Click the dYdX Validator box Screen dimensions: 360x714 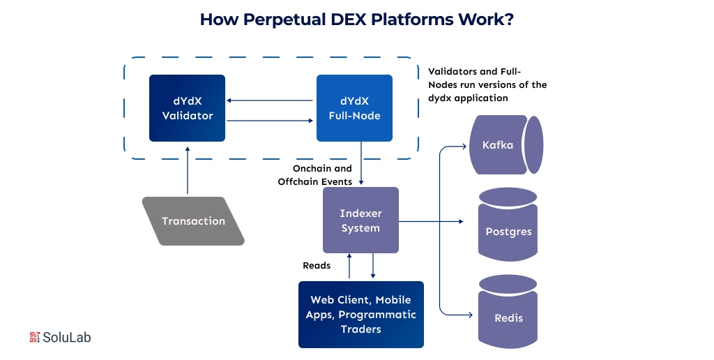click(187, 108)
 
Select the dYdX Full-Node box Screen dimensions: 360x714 click(354, 108)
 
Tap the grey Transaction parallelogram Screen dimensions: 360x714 click(193, 221)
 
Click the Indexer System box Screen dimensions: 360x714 click(360, 220)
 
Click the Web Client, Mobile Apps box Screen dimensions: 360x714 click(360, 314)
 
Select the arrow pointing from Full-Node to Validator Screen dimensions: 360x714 click(271, 100)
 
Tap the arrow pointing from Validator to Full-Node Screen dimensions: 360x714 click(271, 121)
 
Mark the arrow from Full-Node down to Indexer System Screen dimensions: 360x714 click(360, 163)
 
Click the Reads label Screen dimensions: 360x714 click(317, 265)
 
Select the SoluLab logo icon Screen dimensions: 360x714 click(35, 337)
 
